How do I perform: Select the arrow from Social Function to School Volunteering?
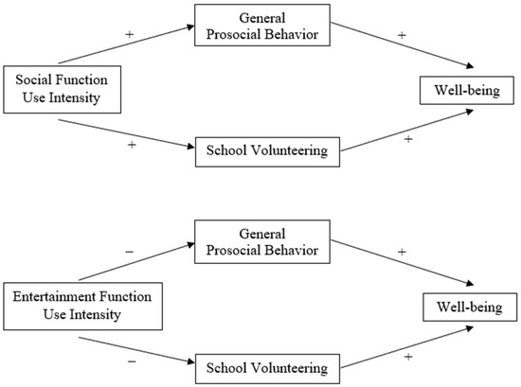[134, 133]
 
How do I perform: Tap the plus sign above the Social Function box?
[128, 34]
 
